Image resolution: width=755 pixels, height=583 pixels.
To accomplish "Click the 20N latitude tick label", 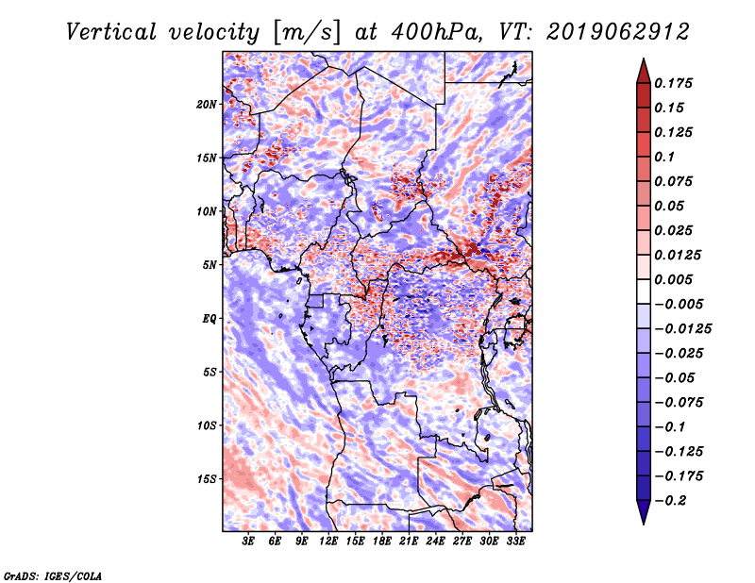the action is pos(207,105).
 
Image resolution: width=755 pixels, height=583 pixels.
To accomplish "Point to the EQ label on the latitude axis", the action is pos(210,319).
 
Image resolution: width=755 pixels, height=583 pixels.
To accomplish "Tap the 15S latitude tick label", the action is pos(207,479).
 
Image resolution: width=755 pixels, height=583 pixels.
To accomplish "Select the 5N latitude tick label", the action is pos(210,265).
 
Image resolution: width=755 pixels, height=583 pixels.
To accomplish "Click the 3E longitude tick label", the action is pos(248,541).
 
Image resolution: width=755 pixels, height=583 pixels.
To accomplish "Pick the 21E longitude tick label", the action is pos(409,541).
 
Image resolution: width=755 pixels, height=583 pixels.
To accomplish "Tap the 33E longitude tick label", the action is pos(515,541).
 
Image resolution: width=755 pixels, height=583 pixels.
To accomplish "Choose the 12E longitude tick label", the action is pos(328,541).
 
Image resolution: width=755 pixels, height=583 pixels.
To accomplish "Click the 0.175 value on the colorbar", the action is pos(673,83).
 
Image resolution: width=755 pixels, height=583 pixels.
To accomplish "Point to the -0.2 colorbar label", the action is pos(670,501).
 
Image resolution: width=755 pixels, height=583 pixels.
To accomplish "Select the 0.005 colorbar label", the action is pos(673,279).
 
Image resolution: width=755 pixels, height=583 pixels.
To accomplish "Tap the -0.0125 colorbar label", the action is pos(682,329).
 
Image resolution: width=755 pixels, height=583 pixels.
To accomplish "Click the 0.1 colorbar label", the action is pos(664,157).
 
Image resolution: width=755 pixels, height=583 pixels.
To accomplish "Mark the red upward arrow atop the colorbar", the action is pos(644,71).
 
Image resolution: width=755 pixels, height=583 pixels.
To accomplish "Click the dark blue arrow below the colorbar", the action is pos(644,512).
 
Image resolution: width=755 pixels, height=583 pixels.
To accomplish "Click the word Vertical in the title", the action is pos(111,32).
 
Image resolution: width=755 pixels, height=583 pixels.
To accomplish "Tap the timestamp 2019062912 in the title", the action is pos(618,32).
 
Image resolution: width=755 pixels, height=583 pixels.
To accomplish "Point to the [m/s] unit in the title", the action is pos(306,33).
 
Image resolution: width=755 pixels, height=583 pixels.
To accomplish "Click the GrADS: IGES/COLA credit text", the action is pos(53,576).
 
